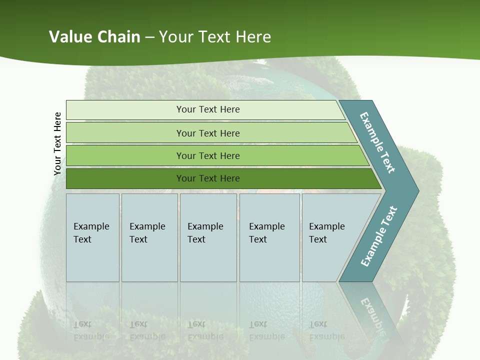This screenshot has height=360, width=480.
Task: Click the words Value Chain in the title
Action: (x=94, y=37)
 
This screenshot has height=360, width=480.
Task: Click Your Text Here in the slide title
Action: (x=215, y=37)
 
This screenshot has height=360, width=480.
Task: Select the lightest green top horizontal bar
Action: (x=207, y=109)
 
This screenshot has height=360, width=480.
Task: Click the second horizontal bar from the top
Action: (x=207, y=133)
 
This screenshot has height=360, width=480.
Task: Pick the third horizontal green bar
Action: (x=207, y=155)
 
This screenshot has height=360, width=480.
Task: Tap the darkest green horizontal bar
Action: (x=207, y=178)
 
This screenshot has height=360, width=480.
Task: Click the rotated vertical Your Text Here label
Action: (x=57, y=143)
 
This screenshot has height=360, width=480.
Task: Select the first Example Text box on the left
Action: (x=92, y=237)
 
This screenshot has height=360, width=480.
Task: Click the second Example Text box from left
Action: (x=149, y=237)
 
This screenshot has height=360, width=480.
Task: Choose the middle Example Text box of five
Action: (x=208, y=237)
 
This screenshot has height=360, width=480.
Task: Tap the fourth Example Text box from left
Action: (x=269, y=237)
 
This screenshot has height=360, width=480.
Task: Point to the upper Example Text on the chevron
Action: (x=377, y=142)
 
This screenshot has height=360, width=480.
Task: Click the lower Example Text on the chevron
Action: (x=378, y=236)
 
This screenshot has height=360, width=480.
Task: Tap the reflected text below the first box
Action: (x=91, y=330)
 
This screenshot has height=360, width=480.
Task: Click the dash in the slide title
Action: (x=149, y=37)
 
